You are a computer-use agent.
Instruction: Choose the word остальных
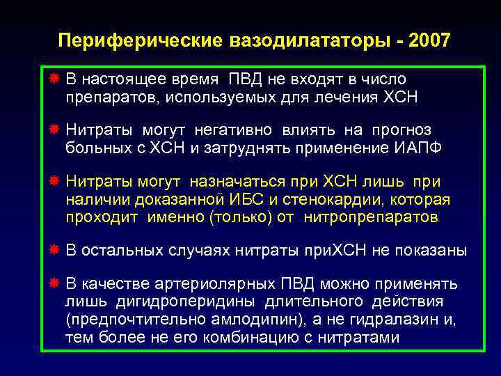click(x=122, y=251)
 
